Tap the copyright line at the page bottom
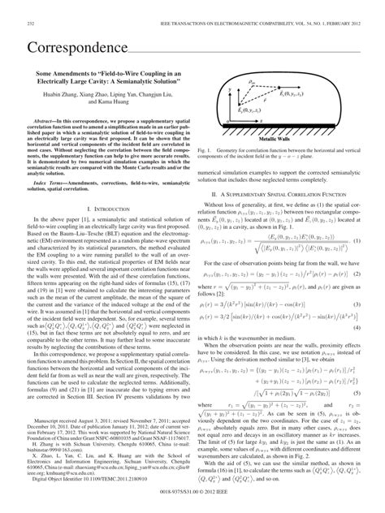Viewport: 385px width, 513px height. pyautogui.click(x=192, y=500)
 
